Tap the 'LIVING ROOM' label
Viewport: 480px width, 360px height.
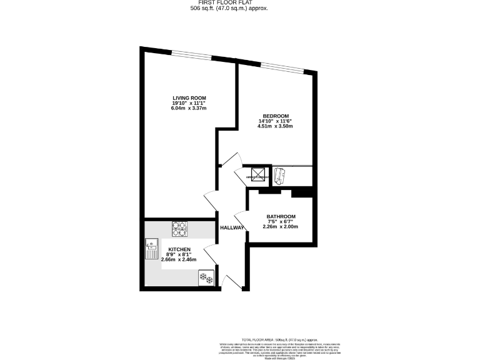click(x=189, y=97)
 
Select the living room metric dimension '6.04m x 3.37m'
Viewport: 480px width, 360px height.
click(x=189, y=108)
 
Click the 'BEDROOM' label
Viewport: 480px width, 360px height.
click(x=275, y=116)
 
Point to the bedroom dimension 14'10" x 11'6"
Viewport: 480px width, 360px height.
click(x=275, y=121)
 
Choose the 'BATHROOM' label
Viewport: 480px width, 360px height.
click(x=281, y=216)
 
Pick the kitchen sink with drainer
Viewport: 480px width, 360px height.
click(x=152, y=249)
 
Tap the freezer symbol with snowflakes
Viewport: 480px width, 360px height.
click(x=205, y=277)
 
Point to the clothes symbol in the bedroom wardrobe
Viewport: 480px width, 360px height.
click(x=279, y=176)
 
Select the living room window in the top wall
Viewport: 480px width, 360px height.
click(x=192, y=55)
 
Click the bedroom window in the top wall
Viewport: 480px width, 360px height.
click(x=281, y=67)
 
